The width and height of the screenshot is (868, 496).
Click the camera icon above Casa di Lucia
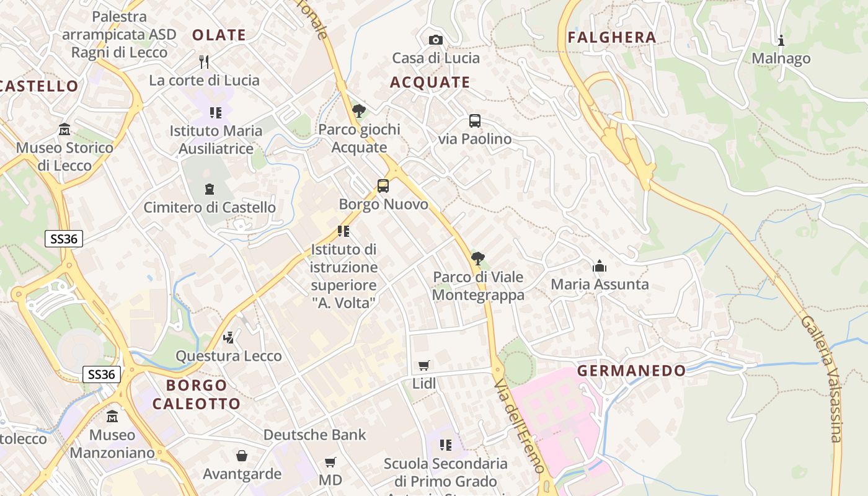tap(436, 40)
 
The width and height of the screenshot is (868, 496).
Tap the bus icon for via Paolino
tap(474, 121)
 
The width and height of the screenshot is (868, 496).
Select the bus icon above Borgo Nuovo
tap(383, 185)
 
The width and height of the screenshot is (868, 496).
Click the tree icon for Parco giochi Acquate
tap(358, 111)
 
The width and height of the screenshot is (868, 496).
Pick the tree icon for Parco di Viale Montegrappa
tap(477, 258)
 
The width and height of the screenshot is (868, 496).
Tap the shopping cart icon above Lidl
tap(424, 365)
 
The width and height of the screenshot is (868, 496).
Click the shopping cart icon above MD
tap(330, 462)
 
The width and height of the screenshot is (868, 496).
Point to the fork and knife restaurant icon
tap(204, 61)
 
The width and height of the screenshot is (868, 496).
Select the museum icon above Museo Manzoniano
tap(112, 416)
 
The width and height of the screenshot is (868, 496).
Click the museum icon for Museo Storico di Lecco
tap(64, 130)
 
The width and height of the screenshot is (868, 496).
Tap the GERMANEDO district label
tap(632, 371)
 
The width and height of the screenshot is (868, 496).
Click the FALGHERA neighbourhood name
tap(612, 37)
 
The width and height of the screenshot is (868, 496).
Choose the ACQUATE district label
tap(430, 82)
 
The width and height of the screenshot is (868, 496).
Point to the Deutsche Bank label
tap(315, 435)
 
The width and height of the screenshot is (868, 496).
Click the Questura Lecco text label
tap(229, 356)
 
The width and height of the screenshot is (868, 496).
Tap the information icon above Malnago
tap(781, 40)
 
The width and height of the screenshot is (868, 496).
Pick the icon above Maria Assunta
tap(600, 266)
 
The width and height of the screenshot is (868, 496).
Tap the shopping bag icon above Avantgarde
tap(242, 456)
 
